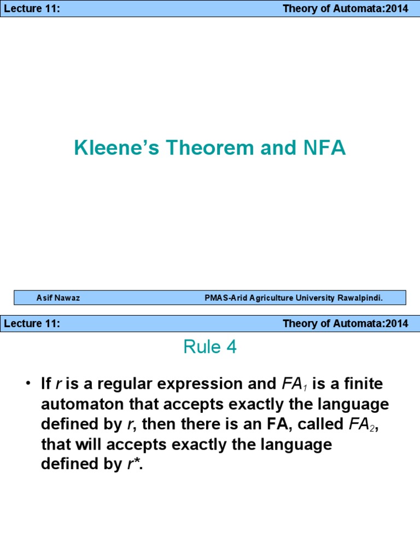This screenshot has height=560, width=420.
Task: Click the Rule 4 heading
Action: click(x=210, y=347)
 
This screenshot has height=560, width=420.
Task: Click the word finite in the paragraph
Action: click(x=364, y=384)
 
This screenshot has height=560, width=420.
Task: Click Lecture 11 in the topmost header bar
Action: click(x=32, y=9)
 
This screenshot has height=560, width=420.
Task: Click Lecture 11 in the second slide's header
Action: click(x=32, y=323)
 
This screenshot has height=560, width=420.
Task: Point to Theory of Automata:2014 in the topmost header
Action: click(x=345, y=9)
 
